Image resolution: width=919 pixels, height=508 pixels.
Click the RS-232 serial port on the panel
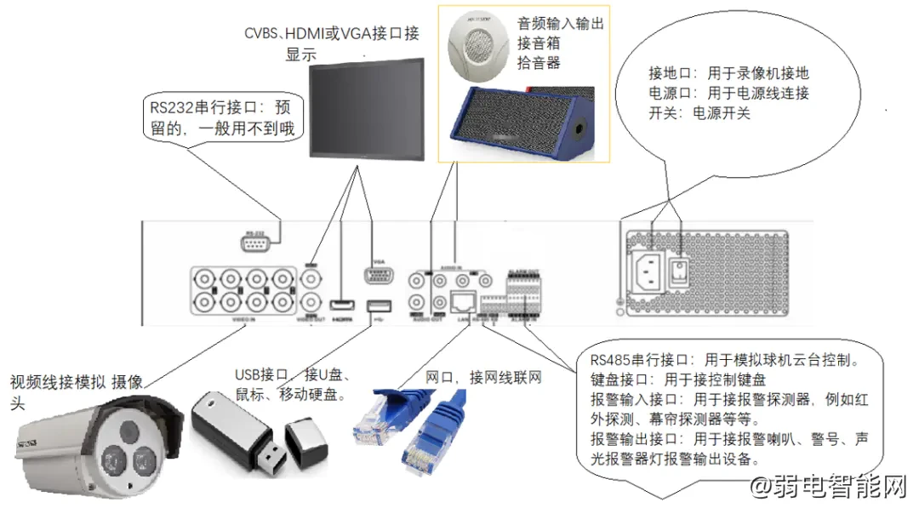click(x=254, y=245)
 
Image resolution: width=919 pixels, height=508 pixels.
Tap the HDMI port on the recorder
click(x=342, y=305)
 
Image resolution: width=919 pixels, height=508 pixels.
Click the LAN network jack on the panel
click(x=463, y=300)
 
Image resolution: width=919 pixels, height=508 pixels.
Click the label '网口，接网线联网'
click(x=482, y=377)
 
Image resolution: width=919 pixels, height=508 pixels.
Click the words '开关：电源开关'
click(x=699, y=112)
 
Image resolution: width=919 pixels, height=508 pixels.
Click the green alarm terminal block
click(x=519, y=294)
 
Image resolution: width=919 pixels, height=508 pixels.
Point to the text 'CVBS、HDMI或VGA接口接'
click(x=331, y=34)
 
